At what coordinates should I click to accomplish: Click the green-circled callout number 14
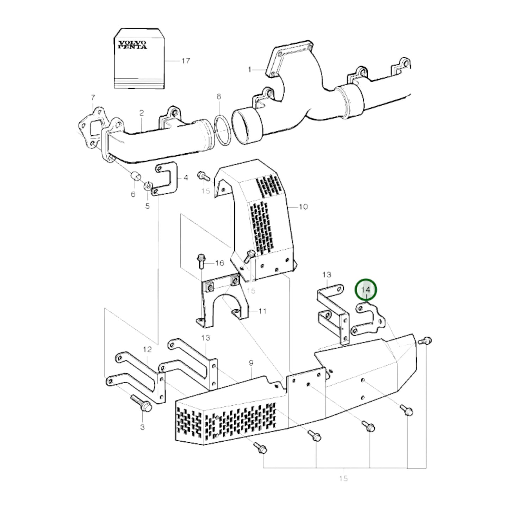pyautogui.click(x=366, y=290)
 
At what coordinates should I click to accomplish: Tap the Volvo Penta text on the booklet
pyautogui.click(x=132, y=45)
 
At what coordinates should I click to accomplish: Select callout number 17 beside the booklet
pyautogui.click(x=186, y=61)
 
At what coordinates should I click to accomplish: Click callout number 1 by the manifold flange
pyautogui.click(x=250, y=70)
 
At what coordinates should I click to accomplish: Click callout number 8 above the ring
pyautogui.click(x=219, y=96)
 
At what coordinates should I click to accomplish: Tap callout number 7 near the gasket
pyautogui.click(x=93, y=97)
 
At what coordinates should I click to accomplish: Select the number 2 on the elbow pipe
pyautogui.click(x=141, y=113)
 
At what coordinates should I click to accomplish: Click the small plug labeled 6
pyautogui.click(x=136, y=176)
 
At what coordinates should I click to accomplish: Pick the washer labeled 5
pyautogui.click(x=148, y=185)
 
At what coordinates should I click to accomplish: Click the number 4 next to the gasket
pyautogui.click(x=186, y=178)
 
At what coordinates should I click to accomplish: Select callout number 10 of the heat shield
pyautogui.click(x=303, y=206)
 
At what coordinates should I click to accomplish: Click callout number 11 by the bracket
pyautogui.click(x=262, y=311)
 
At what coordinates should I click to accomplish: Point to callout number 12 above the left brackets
pyautogui.click(x=147, y=349)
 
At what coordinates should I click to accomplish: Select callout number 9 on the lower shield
pyautogui.click(x=251, y=362)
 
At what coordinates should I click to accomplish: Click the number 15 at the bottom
pyautogui.click(x=343, y=478)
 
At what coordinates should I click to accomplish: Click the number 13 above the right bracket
pyautogui.click(x=327, y=274)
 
